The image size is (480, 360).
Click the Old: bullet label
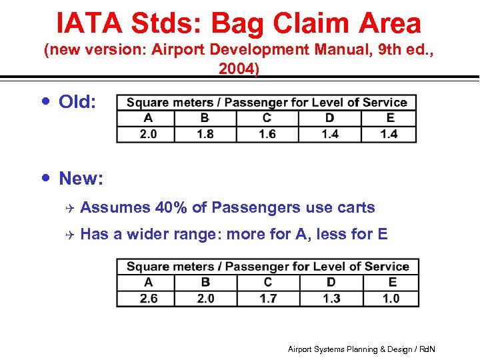tap(77, 102)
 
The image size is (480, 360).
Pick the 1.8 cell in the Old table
tap(205, 133)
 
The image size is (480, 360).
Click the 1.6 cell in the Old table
tap(267, 133)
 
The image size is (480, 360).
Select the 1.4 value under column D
tap(329, 133)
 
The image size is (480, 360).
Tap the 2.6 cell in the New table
tap(148, 298)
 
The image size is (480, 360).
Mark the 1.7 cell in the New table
tap(268, 298)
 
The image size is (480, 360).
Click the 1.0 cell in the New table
tap(391, 298)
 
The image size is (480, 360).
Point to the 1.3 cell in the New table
tap(331, 298)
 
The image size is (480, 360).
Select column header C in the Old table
tap(267, 118)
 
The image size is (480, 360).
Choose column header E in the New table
tap(392, 282)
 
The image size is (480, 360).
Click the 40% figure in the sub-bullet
tap(171, 208)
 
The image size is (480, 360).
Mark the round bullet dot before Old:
tap(45, 101)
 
